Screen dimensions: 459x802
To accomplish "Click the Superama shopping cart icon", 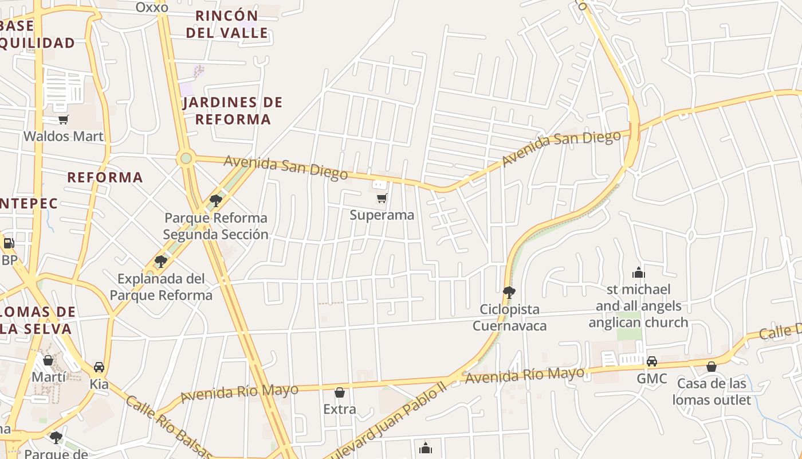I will [x=382, y=199].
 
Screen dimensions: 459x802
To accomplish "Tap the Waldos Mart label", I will [x=64, y=136].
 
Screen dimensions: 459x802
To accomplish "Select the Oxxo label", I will [x=152, y=7].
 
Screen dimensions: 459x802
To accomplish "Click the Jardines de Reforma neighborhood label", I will [x=233, y=111].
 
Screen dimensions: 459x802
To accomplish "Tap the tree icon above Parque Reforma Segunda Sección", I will [x=216, y=200].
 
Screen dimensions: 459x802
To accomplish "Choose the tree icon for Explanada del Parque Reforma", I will [x=161, y=262].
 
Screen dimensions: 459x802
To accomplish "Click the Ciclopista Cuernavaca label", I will [x=509, y=318].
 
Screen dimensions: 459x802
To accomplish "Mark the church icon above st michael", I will [x=638, y=272].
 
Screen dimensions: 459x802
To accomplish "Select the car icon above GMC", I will [x=652, y=361].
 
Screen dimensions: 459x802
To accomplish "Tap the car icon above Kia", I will [x=99, y=367].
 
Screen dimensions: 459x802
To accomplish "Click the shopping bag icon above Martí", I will [x=48, y=360].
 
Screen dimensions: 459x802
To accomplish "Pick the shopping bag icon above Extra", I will [x=340, y=392].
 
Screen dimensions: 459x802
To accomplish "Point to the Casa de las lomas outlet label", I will [x=711, y=391].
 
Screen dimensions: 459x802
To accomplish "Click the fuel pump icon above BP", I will [x=9, y=243].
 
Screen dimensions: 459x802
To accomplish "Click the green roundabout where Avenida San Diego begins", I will [x=186, y=158].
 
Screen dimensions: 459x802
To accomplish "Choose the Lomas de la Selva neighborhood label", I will [x=38, y=320].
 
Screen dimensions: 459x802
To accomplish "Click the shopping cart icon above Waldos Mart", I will [x=63, y=119].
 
